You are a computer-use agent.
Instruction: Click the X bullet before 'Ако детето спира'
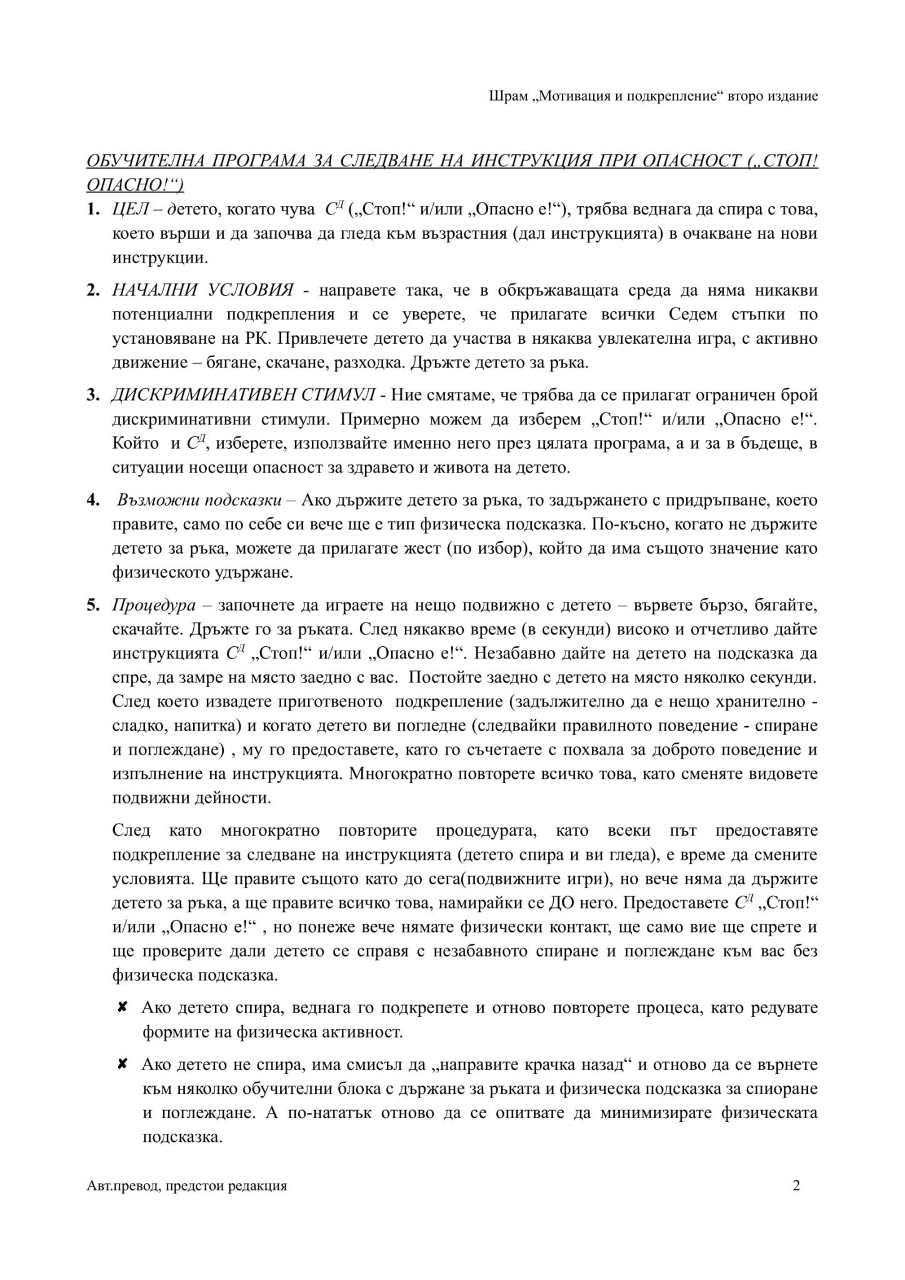(123, 1007)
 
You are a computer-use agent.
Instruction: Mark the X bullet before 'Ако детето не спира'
(123, 1064)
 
